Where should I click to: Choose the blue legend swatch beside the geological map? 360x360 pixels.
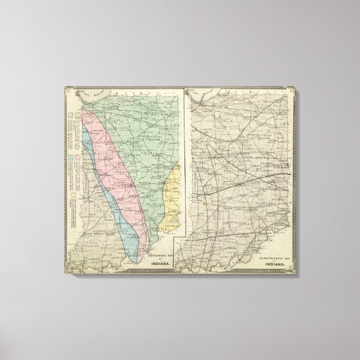coord(70,157)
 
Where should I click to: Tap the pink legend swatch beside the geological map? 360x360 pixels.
coord(77,157)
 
